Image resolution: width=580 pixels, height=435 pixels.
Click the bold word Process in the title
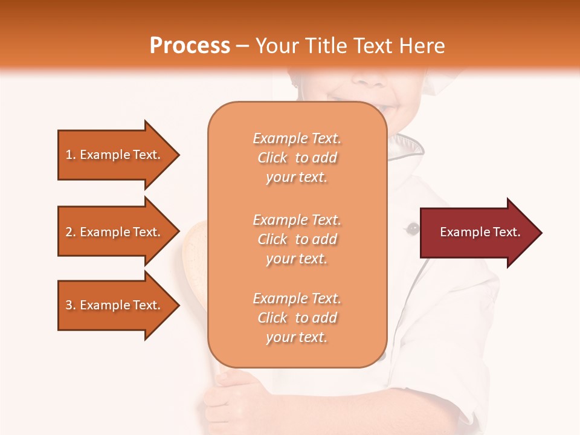pyautogui.click(x=190, y=46)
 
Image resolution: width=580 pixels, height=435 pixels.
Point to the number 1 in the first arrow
pyautogui.click(x=68, y=155)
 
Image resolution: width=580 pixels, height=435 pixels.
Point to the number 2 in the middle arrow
pyautogui.click(x=68, y=232)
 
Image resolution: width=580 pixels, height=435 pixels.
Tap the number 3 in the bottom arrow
pyautogui.click(x=68, y=305)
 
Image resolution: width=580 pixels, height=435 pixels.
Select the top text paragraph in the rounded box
pyautogui.click(x=297, y=158)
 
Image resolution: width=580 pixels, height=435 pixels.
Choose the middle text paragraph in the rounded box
pyautogui.click(x=297, y=239)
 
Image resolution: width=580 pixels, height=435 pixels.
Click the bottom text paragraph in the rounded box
pyautogui.click(x=297, y=318)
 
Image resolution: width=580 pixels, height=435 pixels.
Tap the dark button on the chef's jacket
pyautogui.click(x=413, y=228)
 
